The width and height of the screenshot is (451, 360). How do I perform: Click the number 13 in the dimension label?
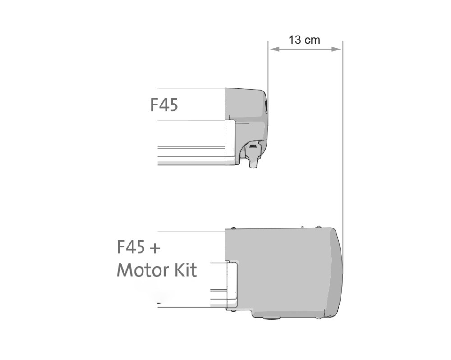[x=295, y=40]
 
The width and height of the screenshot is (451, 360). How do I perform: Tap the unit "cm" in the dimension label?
[x=312, y=40]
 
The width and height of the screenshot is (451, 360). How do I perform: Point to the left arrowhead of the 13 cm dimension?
[x=272, y=49]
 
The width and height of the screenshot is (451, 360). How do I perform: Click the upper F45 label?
[x=164, y=105]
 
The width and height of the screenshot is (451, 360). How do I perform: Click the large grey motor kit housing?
[x=284, y=270]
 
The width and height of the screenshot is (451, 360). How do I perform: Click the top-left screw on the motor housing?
[x=234, y=228]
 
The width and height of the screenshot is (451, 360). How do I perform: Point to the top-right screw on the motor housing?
[x=318, y=227]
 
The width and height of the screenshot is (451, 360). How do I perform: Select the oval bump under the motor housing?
[x=271, y=318]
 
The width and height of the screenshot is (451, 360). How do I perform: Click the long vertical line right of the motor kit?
[x=343, y=135]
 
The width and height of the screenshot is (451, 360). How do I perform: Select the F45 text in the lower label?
[x=131, y=247]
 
